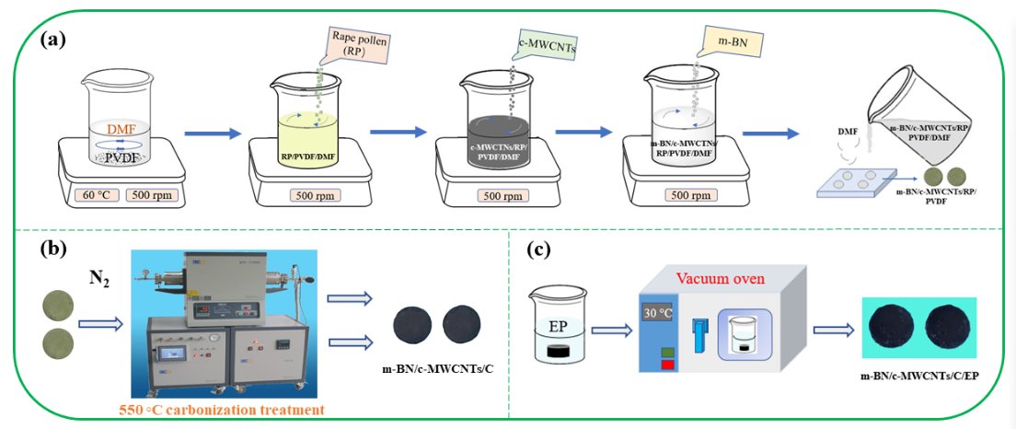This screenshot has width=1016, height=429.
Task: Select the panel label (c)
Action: [x=540, y=249]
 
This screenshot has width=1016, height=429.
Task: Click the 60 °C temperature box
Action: [x=93, y=195]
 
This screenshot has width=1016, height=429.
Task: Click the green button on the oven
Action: [x=666, y=351]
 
